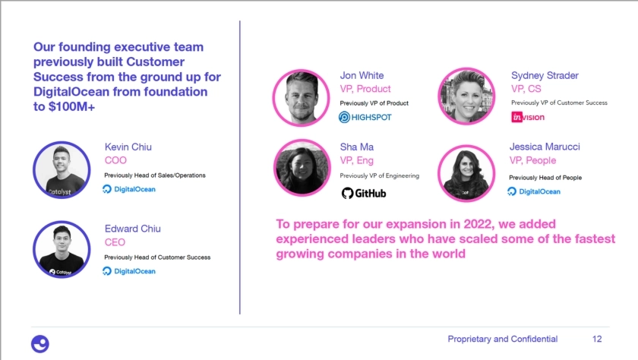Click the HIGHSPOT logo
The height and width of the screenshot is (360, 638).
[x=365, y=117]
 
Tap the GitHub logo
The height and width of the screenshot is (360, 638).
[x=364, y=193]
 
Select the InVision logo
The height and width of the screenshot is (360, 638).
[x=528, y=117]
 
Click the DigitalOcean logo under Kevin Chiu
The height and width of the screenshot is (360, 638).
[x=129, y=189]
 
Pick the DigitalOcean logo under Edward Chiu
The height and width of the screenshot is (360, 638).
[x=129, y=271]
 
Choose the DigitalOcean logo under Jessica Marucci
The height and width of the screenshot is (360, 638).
[x=534, y=191]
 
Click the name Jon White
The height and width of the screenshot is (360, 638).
[x=362, y=75]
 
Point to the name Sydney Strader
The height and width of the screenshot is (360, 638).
[x=545, y=75]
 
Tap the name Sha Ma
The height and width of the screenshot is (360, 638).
[x=357, y=147]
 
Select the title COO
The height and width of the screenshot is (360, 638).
[x=115, y=160]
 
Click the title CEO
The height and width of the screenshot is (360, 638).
[x=115, y=242]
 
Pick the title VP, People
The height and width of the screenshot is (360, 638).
[x=532, y=160]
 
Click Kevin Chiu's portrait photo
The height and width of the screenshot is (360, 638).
[x=62, y=170]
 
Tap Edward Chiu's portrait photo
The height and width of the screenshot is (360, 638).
[x=62, y=250]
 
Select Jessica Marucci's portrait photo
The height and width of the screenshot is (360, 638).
[x=466, y=173]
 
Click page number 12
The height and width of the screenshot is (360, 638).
[x=597, y=339]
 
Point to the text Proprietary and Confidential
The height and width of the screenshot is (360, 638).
[x=503, y=339]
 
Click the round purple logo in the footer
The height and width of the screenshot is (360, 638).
[x=40, y=344]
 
